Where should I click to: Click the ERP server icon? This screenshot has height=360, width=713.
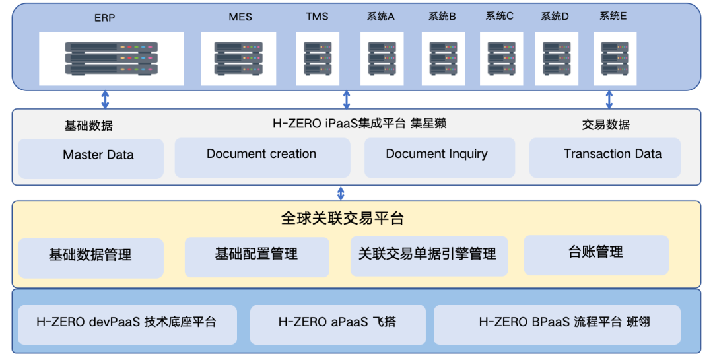tap(111, 58)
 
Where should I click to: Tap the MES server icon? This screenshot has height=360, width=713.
tap(238, 58)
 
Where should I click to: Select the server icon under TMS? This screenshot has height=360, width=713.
tap(318, 58)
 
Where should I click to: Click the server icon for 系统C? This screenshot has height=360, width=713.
tap(501, 58)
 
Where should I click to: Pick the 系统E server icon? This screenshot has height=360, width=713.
tap(615, 58)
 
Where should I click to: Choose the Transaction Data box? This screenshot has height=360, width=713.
tap(605, 157)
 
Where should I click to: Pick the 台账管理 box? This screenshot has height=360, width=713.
tap(596, 254)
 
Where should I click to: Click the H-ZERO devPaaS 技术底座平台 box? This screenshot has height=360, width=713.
tap(127, 324)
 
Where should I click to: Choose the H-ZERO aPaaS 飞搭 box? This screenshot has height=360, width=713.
tap(337, 324)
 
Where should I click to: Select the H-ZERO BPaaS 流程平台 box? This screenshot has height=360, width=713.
tap(557, 324)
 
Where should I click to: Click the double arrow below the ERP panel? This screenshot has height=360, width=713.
tap(105, 99)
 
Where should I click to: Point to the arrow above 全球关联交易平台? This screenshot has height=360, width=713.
tap(341, 193)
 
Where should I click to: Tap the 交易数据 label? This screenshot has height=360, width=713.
tap(605, 125)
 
